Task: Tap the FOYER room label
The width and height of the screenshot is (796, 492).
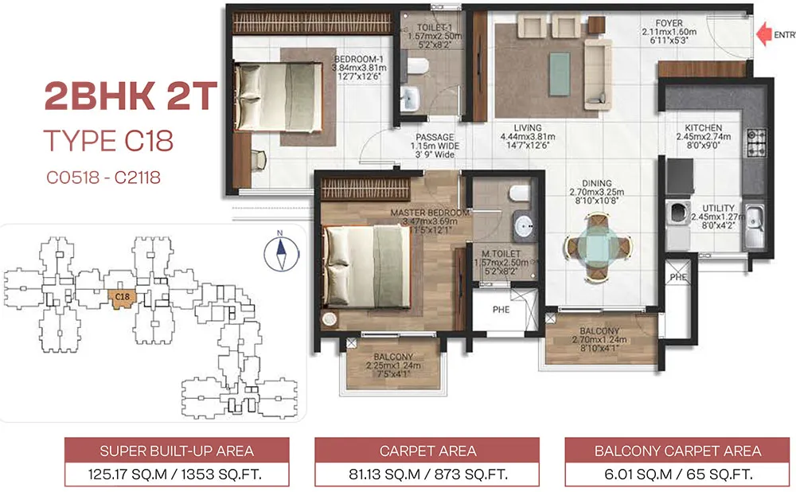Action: pyautogui.click(x=669, y=22)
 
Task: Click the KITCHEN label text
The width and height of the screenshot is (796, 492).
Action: pyautogui.click(x=704, y=127)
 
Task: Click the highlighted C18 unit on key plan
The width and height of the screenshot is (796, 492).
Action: pyautogui.click(x=123, y=299)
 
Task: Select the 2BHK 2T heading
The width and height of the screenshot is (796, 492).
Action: pyautogui.click(x=130, y=97)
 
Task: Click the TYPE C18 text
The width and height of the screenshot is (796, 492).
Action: pyautogui.click(x=107, y=142)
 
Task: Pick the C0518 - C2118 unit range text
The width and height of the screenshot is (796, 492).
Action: pyautogui.click(x=102, y=177)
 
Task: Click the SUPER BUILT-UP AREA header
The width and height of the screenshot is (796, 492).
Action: pyautogui.click(x=177, y=451)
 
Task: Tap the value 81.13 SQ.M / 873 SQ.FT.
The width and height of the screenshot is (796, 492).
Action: pyautogui.click(x=427, y=475)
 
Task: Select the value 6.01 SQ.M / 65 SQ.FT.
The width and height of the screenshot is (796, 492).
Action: pyautogui.click(x=677, y=475)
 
